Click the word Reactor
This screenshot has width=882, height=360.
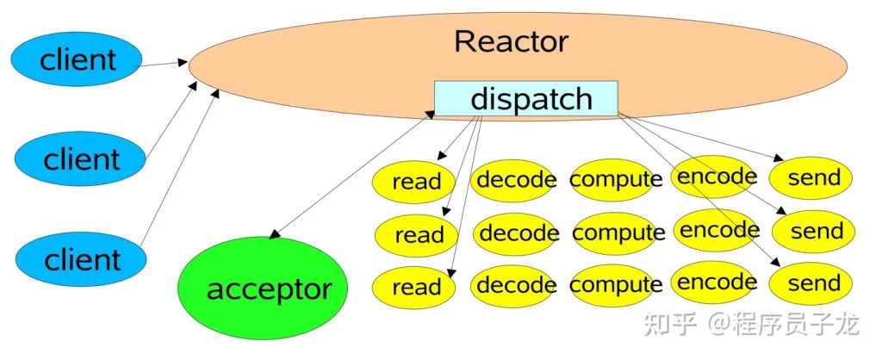512,41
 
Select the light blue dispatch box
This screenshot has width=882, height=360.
526,98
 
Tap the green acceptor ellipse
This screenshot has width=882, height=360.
263,289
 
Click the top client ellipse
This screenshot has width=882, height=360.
77,59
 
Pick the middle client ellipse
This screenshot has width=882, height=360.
81,158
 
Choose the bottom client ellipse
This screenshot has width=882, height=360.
81,259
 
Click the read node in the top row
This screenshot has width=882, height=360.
414,181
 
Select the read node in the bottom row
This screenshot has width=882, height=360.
414,287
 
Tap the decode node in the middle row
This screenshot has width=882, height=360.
517,233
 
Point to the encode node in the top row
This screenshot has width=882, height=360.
714,177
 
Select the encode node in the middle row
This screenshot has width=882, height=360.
717,229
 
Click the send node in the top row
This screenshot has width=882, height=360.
811,177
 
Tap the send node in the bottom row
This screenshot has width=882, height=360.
811,283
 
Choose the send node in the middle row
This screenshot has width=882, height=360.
813,231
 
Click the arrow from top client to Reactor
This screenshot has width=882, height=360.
160,64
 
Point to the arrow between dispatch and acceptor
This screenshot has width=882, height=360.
351,174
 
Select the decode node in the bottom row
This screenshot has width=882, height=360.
513,286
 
